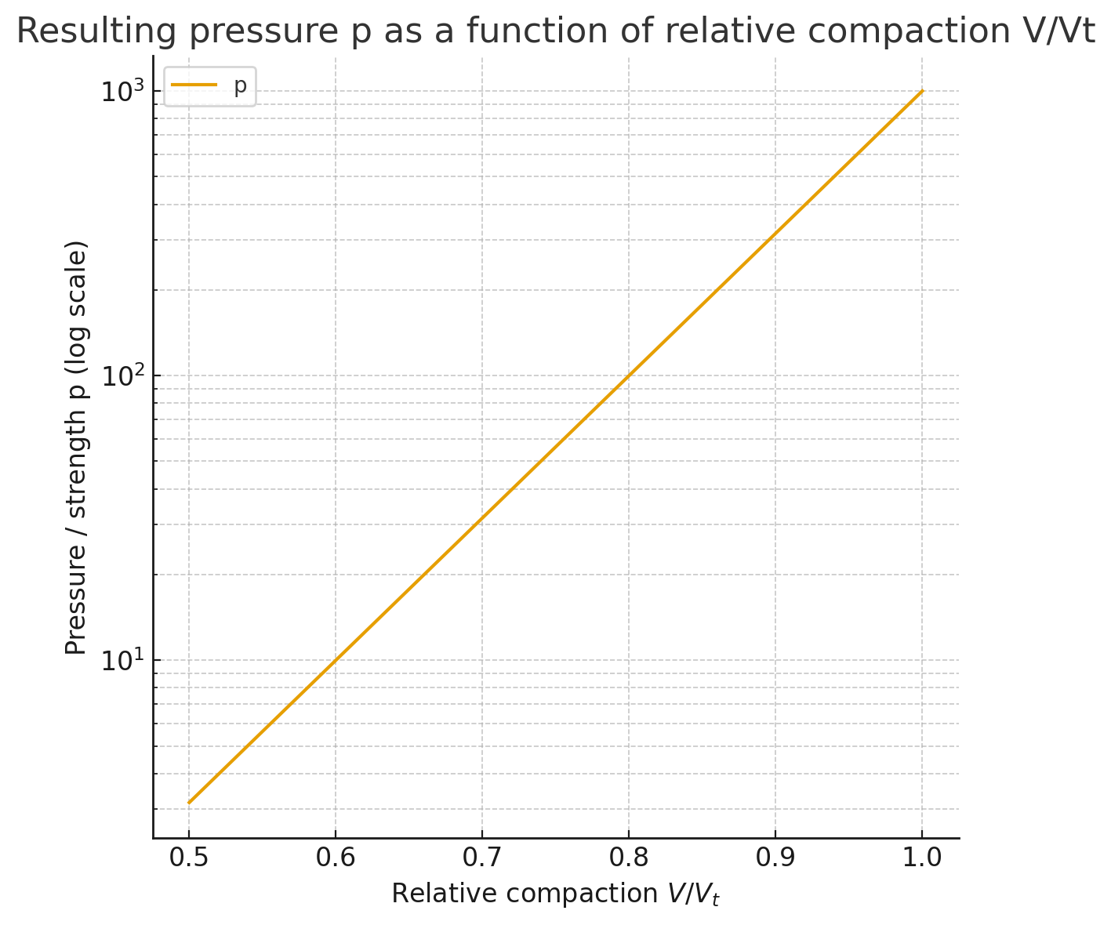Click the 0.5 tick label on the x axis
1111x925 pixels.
(189, 858)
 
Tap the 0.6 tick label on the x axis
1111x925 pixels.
(336, 858)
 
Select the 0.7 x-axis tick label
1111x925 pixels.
(482, 858)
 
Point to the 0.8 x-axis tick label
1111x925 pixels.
(629, 858)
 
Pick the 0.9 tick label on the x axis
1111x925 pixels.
(775, 858)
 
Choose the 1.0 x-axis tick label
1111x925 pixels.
(922, 858)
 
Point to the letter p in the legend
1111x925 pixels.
(241, 87)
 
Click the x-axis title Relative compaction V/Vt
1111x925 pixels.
(555, 894)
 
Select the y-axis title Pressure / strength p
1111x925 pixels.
(76, 447)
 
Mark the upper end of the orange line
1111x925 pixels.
(922, 91)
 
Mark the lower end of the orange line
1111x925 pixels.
(189, 802)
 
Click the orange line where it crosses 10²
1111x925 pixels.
(629, 375)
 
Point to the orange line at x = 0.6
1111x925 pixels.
(336, 660)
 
